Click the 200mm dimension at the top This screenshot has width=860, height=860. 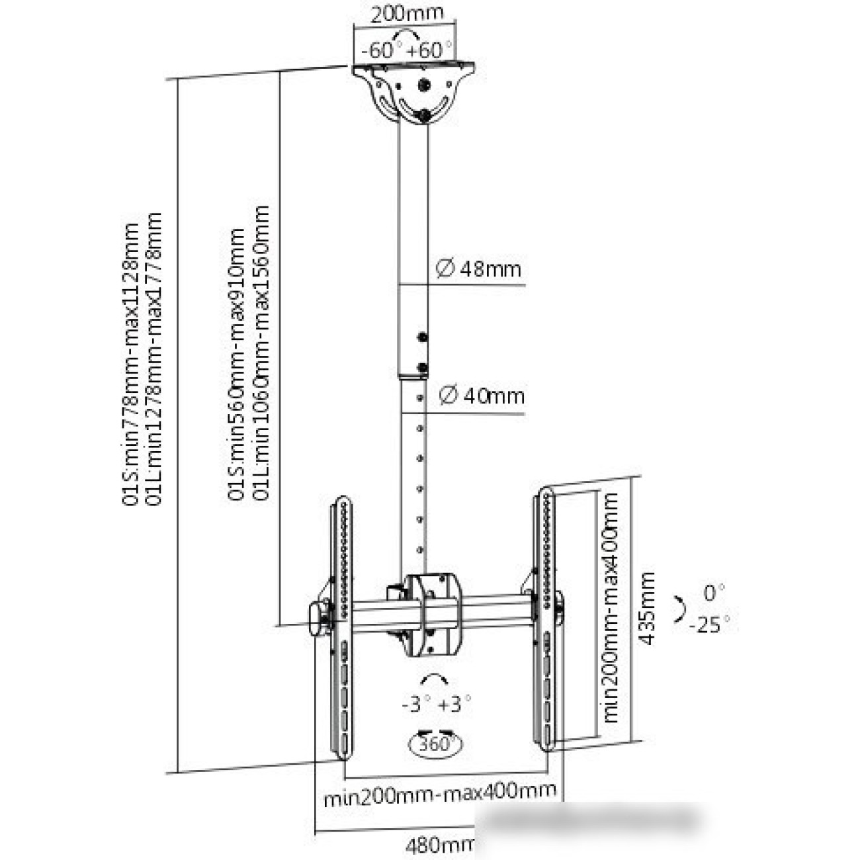pyautogui.click(x=407, y=14)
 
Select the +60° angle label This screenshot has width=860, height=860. pyautogui.click(x=431, y=50)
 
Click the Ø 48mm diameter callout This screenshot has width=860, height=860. pyautogui.click(x=479, y=269)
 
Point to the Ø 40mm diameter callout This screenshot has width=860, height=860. pyautogui.click(x=482, y=396)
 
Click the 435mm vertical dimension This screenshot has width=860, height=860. pyautogui.click(x=647, y=609)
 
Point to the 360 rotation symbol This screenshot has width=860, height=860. pyautogui.click(x=436, y=744)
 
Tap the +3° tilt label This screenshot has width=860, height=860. pyautogui.click(x=456, y=704)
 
